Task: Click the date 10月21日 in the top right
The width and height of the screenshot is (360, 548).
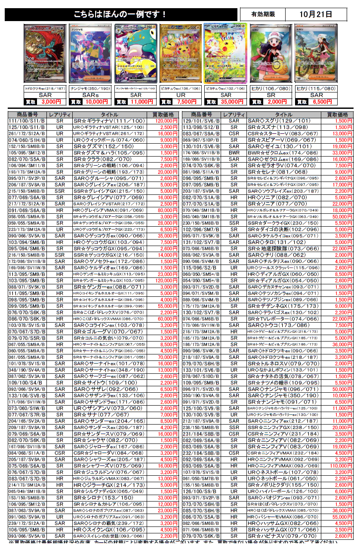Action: click(316, 14)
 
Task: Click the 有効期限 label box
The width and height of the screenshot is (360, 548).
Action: click(262, 14)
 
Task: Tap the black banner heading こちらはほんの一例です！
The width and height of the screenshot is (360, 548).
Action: click(121, 15)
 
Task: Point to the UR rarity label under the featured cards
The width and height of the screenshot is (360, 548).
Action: click(181, 95)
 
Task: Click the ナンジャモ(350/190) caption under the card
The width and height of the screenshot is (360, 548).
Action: click(91, 88)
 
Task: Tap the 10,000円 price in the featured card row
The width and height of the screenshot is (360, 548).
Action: click(97, 102)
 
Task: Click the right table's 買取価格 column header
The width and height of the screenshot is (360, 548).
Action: click(337, 115)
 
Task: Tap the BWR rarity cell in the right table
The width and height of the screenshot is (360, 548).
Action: click(234, 153)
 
